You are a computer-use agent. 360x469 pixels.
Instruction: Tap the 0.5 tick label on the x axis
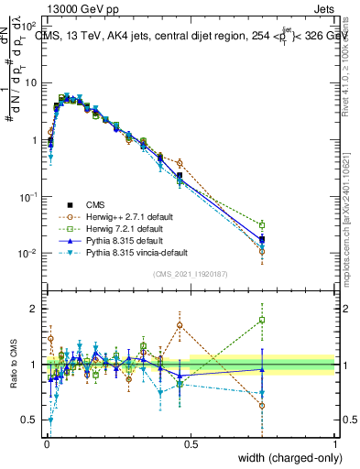[x=191, y=443]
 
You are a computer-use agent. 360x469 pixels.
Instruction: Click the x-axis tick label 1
[x=335, y=443]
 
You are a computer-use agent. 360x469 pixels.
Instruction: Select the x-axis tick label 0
[x=47, y=443]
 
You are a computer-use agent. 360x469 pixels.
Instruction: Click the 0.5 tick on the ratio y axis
[x=32, y=420]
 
